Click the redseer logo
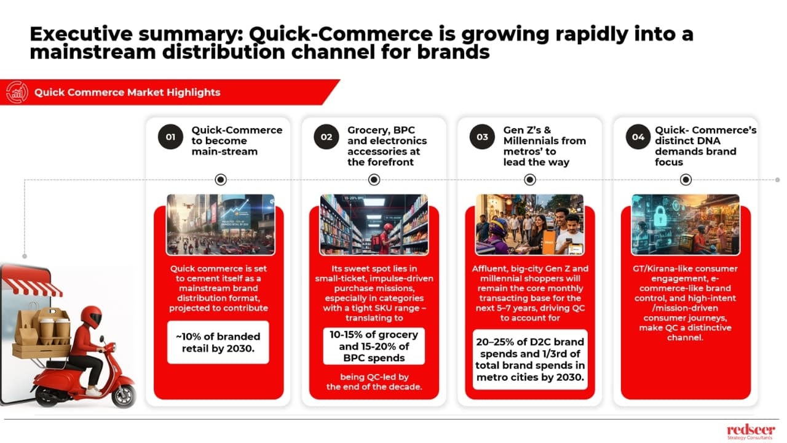pyautogui.click(x=751, y=429)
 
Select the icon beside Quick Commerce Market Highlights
pyautogui.click(x=17, y=93)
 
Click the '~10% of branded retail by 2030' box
pyautogui.click(x=218, y=342)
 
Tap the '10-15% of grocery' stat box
pyautogui.click(x=373, y=346)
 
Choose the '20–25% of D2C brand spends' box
pyautogui.click(x=530, y=360)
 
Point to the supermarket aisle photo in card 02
pyautogui.click(x=374, y=225)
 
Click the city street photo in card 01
pyautogui.click(x=220, y=225)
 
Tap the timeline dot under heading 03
pyautogui.click(x=530, y=180)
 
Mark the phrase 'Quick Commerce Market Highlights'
pyautogui.click(x=127, y=93)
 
